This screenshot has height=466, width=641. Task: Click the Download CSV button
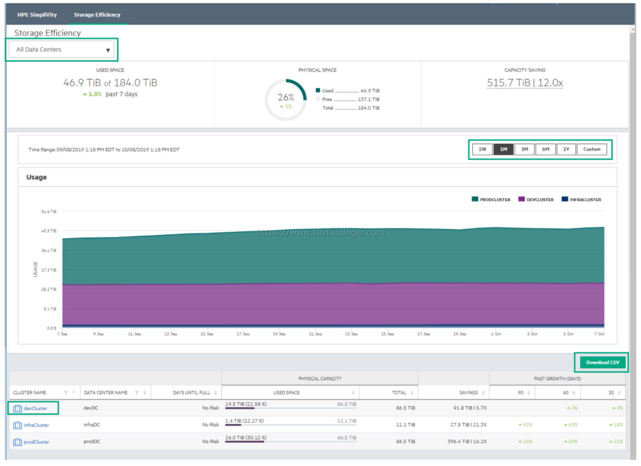pyautogui.click(x=602, y=362)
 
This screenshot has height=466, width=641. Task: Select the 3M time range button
pyautogui.click(x=524, y=149)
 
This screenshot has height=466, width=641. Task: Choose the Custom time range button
pyautogui.click(x=592, y=149)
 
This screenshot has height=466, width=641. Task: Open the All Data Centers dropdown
pyautogui.click(x=62, y=49)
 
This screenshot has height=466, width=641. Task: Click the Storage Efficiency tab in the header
pyautogui.click(x=97, y=15)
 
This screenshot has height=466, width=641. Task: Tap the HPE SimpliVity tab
pyautogui.click(x=37, y=15)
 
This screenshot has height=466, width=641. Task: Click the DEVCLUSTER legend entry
pyautogui.click(x=536, y=199)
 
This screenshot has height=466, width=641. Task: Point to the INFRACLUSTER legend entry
pyautogui.click(x=582, y=199)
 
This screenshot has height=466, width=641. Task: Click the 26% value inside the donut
pyautogui.click(x=285, y=97)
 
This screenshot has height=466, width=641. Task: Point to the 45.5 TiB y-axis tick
pyautogui.click(x=49, y=231)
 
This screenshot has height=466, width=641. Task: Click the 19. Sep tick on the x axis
pyautogui.click(x=279, y=334)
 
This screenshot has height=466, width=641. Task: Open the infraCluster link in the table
pyautogui.click(x=36, y=425)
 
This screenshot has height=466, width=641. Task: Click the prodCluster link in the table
pyautogui.click(x=36, y=442)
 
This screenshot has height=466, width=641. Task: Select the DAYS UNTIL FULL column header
pyautogui.click(x=191, y=392)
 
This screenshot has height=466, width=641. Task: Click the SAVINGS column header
pyautogui.click(x=468, y=392)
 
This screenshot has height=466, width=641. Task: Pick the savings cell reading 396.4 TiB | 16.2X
pyautogui.click(x=467, y=441)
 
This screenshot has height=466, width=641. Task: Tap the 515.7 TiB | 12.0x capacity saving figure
pyautogui.click(x=525, y=83)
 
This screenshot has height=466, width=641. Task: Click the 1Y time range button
pyautogui.click(x=566, y=149)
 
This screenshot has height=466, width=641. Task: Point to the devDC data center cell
pyautogui.click(x=91, y=408)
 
